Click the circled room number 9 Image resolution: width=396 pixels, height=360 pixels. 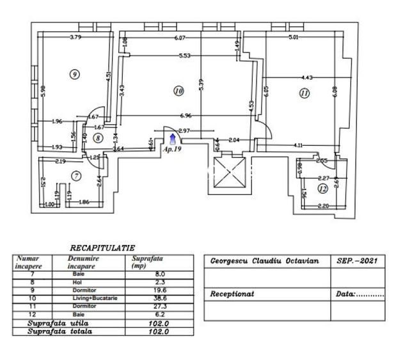75,74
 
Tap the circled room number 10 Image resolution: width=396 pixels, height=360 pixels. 178,91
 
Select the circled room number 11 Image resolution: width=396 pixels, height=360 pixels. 304,93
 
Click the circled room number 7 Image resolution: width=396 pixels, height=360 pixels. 75,176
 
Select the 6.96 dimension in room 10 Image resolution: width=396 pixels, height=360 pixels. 186,116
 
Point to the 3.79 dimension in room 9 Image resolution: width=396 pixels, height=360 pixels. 76,36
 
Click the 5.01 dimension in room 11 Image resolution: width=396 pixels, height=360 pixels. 293,37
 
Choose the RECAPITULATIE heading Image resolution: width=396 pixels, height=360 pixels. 102,247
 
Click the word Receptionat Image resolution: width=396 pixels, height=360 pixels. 232,295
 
